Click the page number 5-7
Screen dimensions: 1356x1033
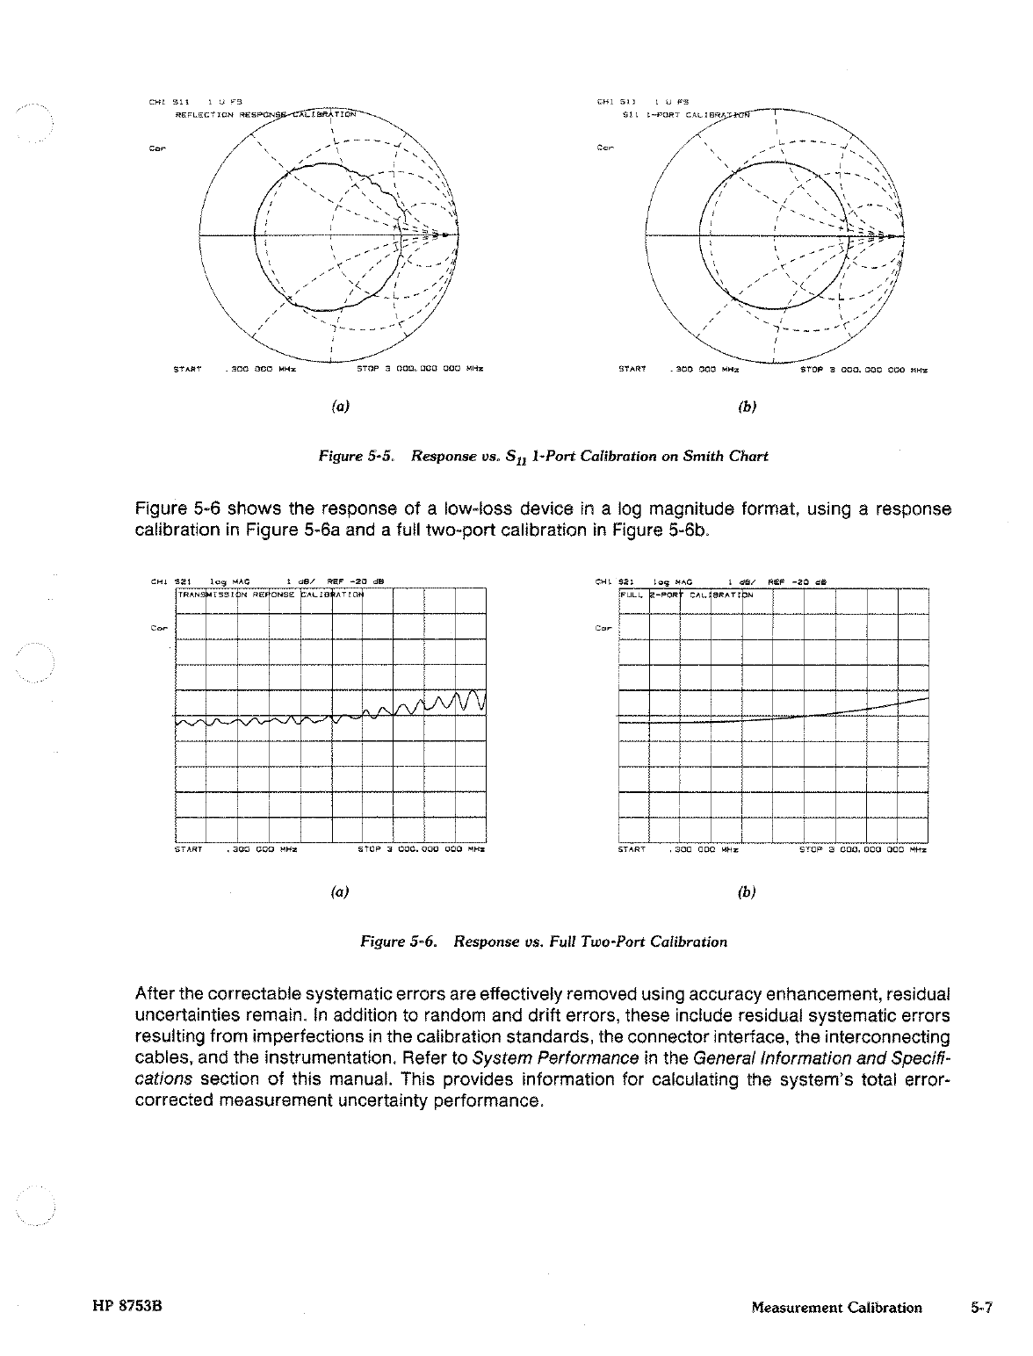point(981,1308)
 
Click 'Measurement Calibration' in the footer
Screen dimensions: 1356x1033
point(836,1308)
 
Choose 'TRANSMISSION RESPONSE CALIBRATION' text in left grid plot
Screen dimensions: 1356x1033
point(271,595)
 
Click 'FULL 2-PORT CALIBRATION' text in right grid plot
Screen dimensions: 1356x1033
point(687,595)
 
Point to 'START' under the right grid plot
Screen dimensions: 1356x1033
point(632,850)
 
